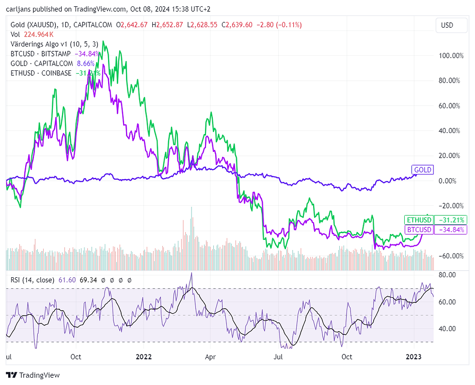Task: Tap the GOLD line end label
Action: point(422,169)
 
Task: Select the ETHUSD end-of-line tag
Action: point(418,220)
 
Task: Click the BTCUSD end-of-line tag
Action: point(419,230)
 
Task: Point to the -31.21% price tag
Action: point(451,220)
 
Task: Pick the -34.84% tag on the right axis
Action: point(451,230)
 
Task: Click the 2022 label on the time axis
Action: point(144,357)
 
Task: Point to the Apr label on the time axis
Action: point(210,357)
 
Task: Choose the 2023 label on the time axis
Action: point(413,357)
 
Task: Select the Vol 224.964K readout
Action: point(32,34)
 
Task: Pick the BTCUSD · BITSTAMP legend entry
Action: point(40,53)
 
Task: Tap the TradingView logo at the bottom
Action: point(33,375)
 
